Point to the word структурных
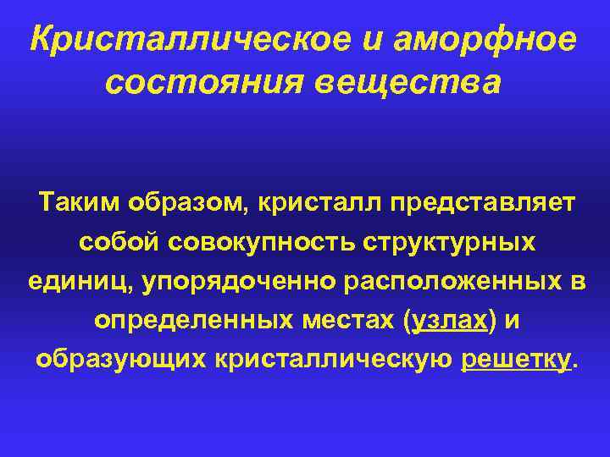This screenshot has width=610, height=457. coord(450,243)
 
